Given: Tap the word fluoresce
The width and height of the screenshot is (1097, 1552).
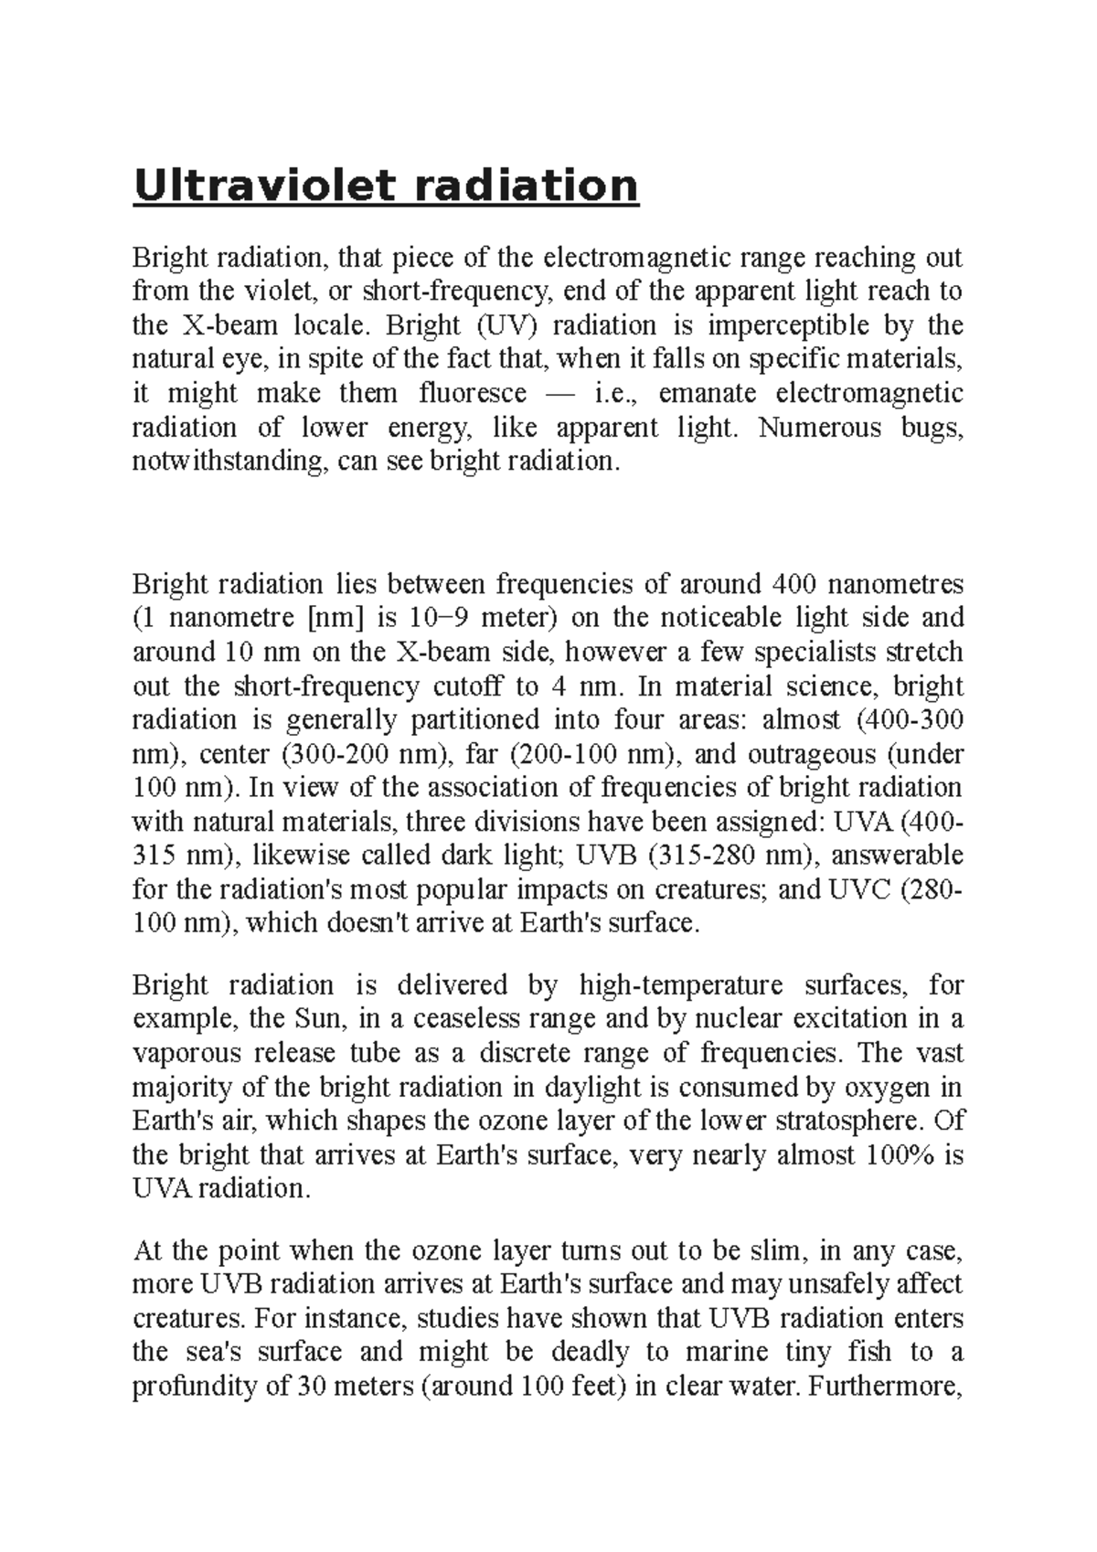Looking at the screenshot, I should (x=473, y=393).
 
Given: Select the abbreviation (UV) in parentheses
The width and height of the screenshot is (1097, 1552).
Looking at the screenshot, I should (x=502, y=325).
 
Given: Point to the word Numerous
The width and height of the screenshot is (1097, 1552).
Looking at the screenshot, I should (x=810, y=427).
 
